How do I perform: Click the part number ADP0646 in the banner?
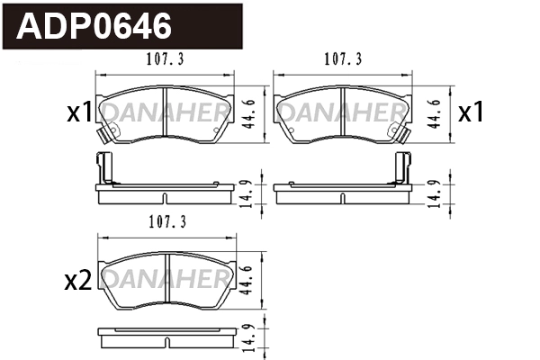[95, 26]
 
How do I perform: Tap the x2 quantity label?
[79, 281]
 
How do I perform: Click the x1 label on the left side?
[79, 112]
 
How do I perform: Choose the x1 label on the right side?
[471, 112]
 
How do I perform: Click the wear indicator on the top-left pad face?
[109, 134]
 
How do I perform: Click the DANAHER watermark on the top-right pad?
[342, 112]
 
